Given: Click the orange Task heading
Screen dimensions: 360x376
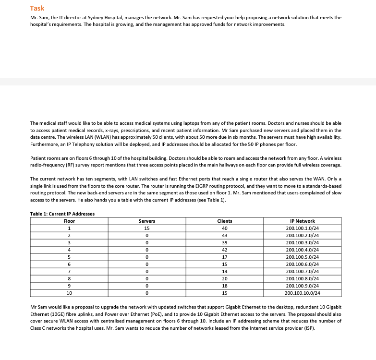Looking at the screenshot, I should pyautogui.click(x=37, y=8).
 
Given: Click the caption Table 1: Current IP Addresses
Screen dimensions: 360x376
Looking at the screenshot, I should pyautogui.click(x=62, y=214).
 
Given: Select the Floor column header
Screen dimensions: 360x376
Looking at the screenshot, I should pyautogui.click(x=69, y=221).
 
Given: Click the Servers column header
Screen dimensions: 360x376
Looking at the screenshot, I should pyautogui.click(x=146, y=221).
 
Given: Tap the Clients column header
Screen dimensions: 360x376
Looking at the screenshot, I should pyautogui.click(x=224, y=221).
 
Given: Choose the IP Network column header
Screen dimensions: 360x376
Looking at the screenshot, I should pyautogui.click(x=302, y=221).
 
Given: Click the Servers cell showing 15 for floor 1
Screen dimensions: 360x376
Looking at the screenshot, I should pyautogui.click(x=146, y=228).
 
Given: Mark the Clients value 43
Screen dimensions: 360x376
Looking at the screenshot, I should pyautogui.click(x=224, y=235).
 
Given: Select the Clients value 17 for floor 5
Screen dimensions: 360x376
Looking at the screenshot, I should pyautogui.click(x=224, y=257).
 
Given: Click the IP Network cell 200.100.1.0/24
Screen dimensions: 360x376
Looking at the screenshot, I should pyautogui.click(x=302, y=228).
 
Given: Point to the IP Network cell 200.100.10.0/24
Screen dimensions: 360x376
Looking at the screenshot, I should pyautogui.click(x=302, y=292).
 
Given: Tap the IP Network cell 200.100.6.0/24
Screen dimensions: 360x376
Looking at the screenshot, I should pyautogui.click(x=302, y=264).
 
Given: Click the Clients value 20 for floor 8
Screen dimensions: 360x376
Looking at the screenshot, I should pyautogui.click(x=224, y=278).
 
